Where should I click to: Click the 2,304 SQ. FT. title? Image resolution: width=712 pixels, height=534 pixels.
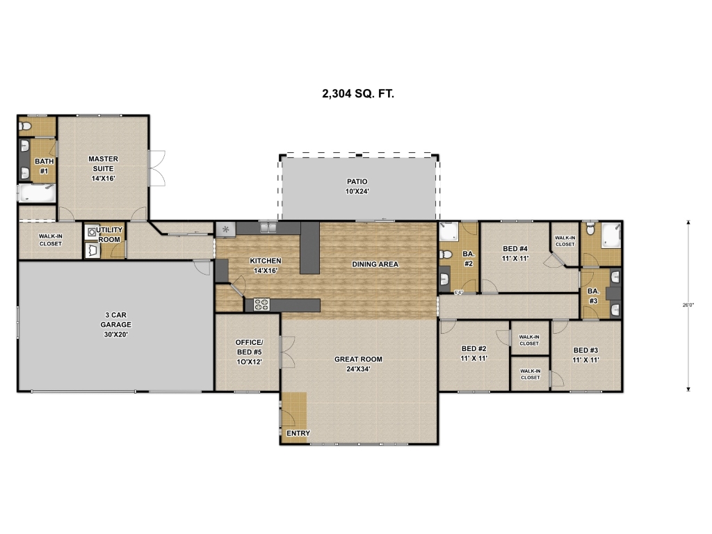click(358, 94)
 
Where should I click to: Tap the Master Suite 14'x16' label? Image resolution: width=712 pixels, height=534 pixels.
click(103, 168)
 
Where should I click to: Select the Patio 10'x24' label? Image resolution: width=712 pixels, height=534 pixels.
click(357, 186)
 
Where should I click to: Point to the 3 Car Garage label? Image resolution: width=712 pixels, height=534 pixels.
click(116, 325)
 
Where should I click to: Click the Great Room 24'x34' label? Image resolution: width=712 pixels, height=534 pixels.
click(358, 364)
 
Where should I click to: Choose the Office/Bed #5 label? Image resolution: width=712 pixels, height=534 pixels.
click(250, 352)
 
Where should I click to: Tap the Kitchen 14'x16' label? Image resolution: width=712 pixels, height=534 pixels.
click(266, 266)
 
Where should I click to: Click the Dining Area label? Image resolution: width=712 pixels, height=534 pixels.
click(375, 264)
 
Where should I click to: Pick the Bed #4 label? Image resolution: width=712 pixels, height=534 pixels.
click(515, 253)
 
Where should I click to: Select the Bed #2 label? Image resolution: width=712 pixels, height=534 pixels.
click(474, 353)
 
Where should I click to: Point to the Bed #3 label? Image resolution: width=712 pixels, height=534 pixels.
click(585, 355)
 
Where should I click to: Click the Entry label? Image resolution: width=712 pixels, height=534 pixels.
click(298, 433)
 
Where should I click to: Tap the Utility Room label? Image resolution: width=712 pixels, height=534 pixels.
click(109, 235)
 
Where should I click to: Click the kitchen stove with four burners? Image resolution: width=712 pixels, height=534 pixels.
click(261, 305)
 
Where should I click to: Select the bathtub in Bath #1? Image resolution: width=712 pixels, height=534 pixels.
click(37, 193)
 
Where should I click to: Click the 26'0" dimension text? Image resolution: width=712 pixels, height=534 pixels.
click(688, 305)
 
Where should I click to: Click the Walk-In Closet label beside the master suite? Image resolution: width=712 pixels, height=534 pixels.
click(50, 240)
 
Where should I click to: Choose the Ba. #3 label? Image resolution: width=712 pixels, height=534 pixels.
click(594, 296)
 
